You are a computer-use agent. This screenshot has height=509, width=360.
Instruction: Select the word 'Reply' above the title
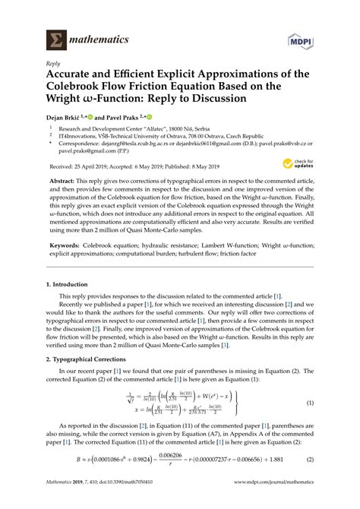tap(54, 65)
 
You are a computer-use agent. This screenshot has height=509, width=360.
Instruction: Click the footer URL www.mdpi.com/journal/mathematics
tap(277, 502)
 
